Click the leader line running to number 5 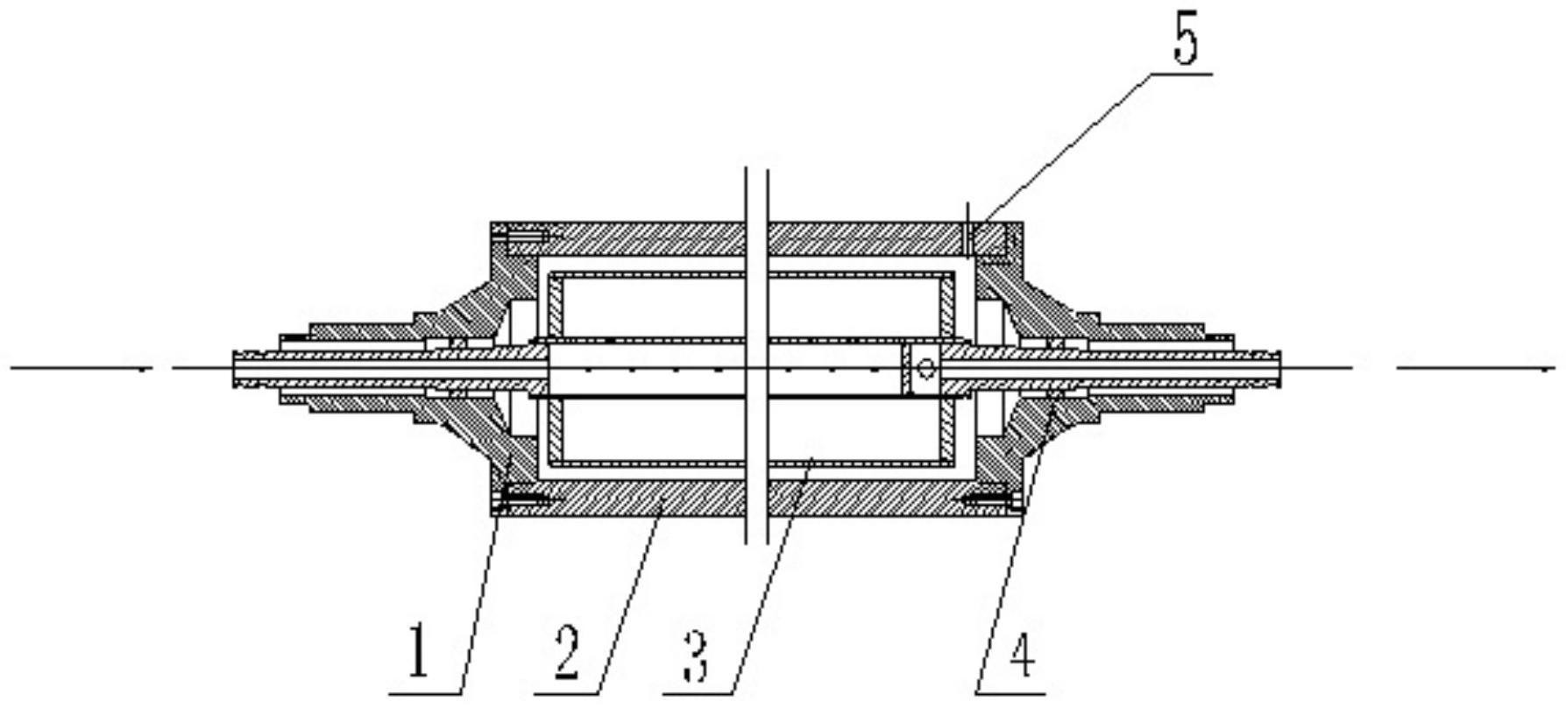1062,150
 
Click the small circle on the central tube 925,369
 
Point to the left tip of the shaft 234,368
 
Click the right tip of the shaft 1279,368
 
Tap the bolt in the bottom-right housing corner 991,502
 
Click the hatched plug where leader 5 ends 990,238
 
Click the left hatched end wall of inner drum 554,369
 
